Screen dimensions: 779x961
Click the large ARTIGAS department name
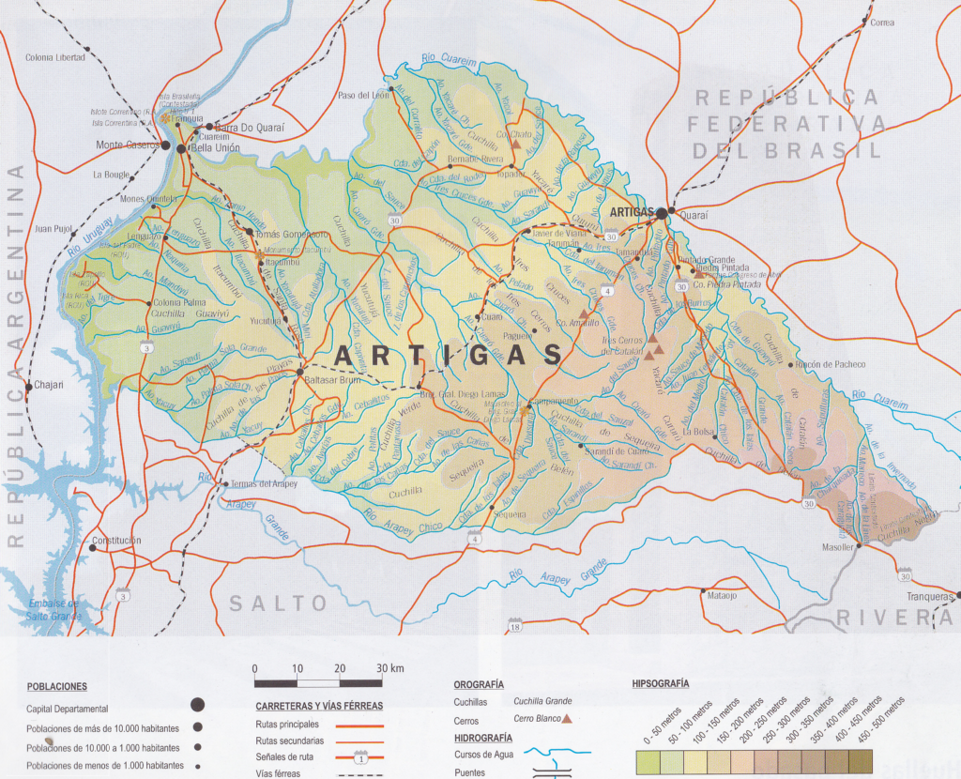pos(449,355)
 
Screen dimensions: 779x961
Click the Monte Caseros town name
pos(127,145)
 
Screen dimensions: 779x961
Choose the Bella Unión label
pos(214,148)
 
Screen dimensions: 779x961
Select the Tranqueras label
pos(929,596)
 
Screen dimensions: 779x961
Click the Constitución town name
pos(116,541)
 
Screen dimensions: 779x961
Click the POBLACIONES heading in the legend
pos(57,686)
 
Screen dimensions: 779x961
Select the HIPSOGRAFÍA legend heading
pos(661,683)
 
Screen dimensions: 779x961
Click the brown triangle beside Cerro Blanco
pos(567,719)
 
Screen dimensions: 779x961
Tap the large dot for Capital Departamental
pos(197,706)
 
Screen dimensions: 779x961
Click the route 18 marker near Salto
pos(514,626)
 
